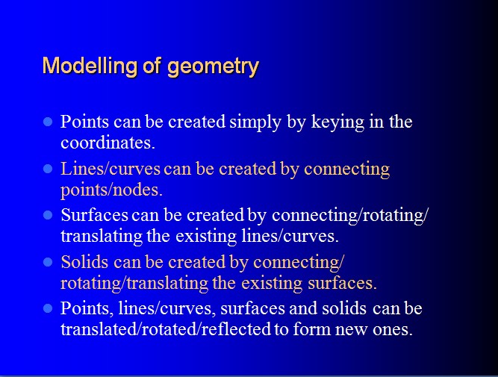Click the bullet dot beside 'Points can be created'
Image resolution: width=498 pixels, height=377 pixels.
[48, 122]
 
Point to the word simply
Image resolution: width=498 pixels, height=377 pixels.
[255, 122]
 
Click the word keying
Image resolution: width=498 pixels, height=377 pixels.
[337, 122]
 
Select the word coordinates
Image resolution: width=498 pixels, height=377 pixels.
[108, 143]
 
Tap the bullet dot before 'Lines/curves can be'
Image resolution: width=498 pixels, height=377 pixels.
[48, 169]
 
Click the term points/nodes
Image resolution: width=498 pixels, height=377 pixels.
[111, 190]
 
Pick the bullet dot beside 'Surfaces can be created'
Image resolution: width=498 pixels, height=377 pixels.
[48, 215]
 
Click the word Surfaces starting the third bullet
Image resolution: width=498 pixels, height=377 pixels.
[94, 215]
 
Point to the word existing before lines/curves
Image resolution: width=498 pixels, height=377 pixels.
[206, 237]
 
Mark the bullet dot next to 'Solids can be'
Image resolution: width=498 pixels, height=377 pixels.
[48, 262]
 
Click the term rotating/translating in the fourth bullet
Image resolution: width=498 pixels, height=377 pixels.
[134, 283]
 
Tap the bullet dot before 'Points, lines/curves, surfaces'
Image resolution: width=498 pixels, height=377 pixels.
[48, 309]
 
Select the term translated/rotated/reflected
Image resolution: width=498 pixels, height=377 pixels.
[166, 329]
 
